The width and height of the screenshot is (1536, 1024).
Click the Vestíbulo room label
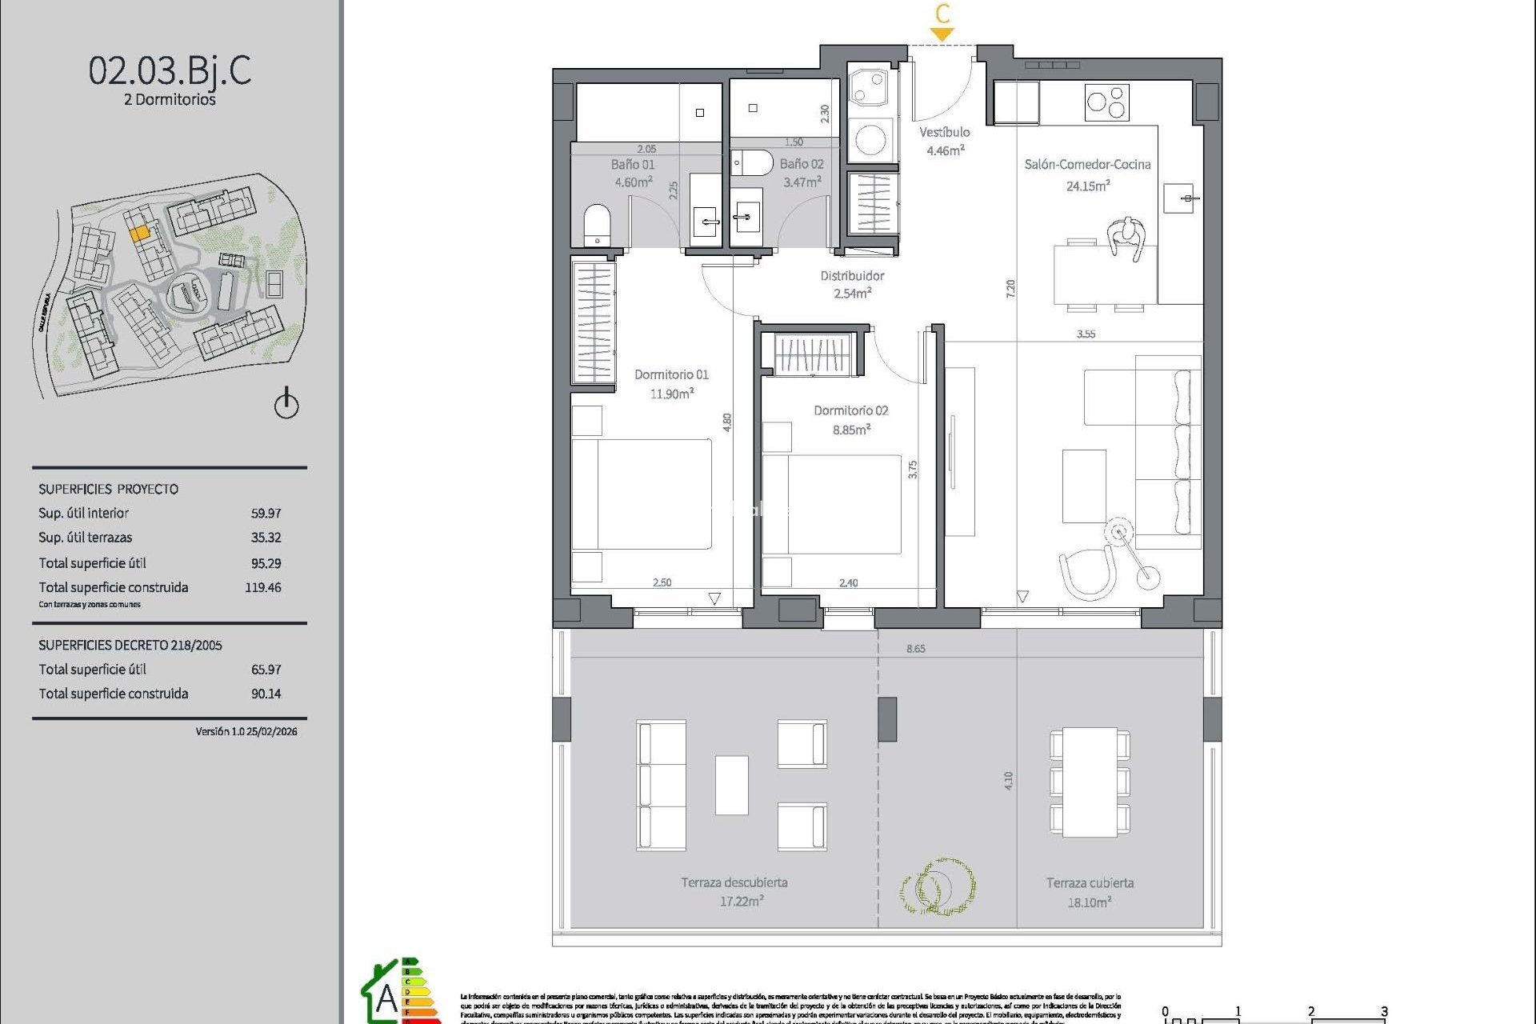click(944, 133)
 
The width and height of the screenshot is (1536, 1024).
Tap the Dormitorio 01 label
click(671, 374)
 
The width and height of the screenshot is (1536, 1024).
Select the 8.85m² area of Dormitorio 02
click(851, 430)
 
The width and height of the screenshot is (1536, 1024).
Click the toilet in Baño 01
click(597, 224)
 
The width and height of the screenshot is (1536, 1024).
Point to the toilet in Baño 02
click(752, 162)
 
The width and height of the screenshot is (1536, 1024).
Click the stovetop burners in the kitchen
click(1106, 102)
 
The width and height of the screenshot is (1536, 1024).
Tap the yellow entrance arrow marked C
click(942, 34)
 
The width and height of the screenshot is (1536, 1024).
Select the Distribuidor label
click(852, 276)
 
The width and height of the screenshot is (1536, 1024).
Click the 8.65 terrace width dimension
click(915, 649)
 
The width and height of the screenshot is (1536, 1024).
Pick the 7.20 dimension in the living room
click(1010, 289)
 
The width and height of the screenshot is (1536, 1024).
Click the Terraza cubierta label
click(1090, 883)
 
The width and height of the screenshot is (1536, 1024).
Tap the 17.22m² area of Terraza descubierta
click(742, 902)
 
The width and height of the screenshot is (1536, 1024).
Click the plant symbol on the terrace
click(938, 886)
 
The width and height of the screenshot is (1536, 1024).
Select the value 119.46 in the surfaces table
click(263, 587)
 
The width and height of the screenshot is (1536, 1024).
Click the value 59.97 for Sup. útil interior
click(266, 513)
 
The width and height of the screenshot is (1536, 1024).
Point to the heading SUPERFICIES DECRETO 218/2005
click(130, 645)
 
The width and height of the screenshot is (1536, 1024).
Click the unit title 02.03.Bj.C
click(170, 70)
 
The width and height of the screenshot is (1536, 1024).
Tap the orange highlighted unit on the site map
click(139, 233)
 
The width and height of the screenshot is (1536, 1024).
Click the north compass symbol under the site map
click(286, 403)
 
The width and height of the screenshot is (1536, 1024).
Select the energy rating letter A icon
click(386, 998)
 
